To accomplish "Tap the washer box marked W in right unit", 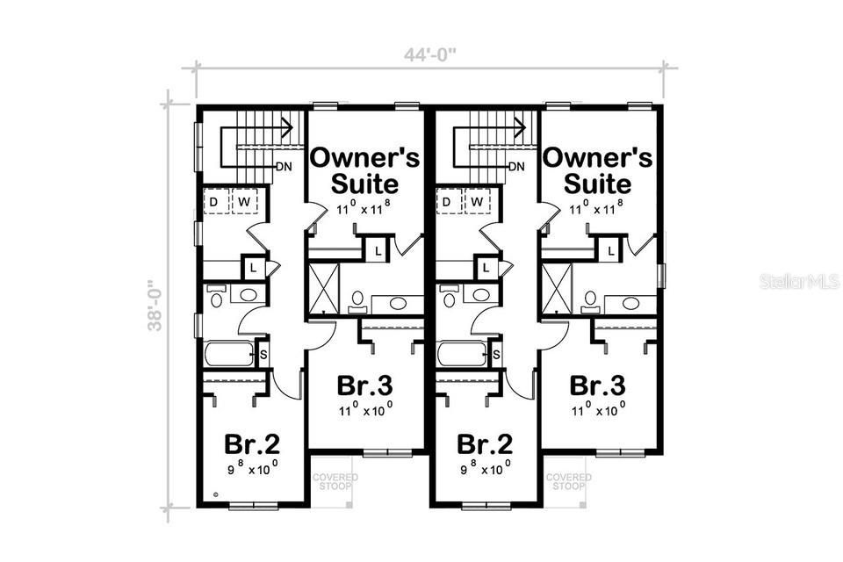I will pos(478,203).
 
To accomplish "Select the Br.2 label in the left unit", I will pos(252,443).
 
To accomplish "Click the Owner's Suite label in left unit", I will pos(365,170).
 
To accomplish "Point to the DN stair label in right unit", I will pos(516,167).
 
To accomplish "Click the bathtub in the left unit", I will pos(227,354).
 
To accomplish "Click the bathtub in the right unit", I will pos(461,354).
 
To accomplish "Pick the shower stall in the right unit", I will pos(556,288).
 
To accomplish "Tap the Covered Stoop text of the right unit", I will pos(568,481).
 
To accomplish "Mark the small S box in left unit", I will pos(263,354).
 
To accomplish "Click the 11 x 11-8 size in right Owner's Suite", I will pos(598,207).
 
